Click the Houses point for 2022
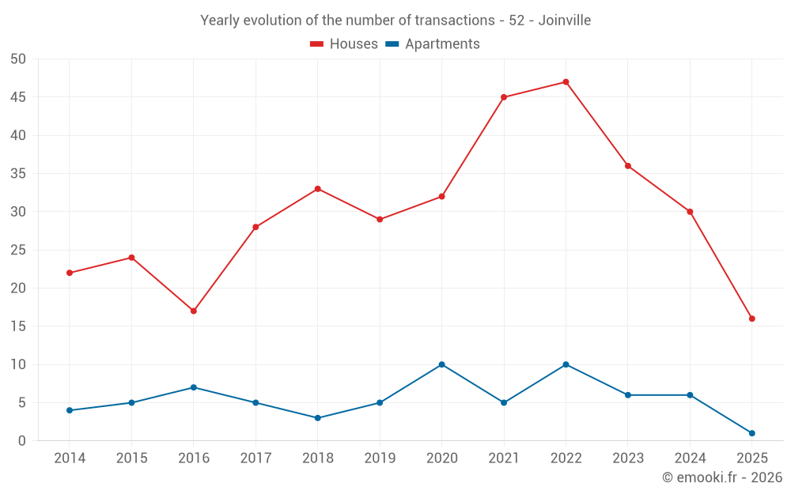tap(566, 82)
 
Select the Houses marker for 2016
tap(194, 311)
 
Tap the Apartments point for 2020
tap(441, 364)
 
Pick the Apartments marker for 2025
tap(752, 433)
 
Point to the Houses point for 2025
tap(752, 319)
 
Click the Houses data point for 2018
tap(318, 189)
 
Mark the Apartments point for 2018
tap(318, 418)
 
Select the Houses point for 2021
tap(504, 97)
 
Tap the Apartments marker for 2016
tap(194, 387)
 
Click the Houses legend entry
tap(344, 44)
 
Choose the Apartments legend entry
tap(433, 44)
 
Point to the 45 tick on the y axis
tap(18, 97)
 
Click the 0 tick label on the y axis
tap(22, 441)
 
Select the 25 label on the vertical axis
tap(18, 250)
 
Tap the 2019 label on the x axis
tap(380, 458)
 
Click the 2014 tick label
tap(70, 458)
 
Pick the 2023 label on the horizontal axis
tap(628, 458)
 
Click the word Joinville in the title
tap(565, 20)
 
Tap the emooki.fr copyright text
tap(722, 477)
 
